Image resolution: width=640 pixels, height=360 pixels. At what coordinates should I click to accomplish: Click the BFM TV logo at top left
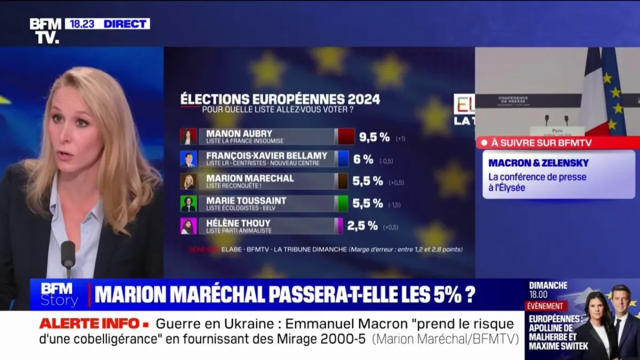pyautogui.click(x=46, y=30)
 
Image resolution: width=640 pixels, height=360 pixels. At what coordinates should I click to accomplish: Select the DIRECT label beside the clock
pyautogui.click(x=126, y=23)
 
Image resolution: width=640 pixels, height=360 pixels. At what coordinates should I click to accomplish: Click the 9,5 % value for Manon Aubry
pyautogui.click(x=374, y=137)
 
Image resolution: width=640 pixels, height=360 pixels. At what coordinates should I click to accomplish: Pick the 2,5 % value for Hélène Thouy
pyautogui.click(x=362, y=226)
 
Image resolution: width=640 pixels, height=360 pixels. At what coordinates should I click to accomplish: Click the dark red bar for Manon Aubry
pyautogui.click(x=346, y=137)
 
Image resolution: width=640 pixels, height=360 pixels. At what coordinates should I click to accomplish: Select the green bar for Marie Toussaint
pyautogui.click(x=343, y=203)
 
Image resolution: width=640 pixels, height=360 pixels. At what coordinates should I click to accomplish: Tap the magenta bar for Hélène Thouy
pyautogui.click(x=339, y=226)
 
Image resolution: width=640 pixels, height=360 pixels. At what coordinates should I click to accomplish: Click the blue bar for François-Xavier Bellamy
pyautogui.click(x=343, y=159)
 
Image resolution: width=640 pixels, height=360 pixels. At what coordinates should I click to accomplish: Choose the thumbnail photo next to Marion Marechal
pyautogui.click(x=188, y=181)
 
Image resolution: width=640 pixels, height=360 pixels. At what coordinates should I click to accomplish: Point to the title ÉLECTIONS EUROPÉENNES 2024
pyautogui.click(x=280, y=99)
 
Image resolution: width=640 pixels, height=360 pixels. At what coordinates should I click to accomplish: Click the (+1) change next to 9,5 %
pyautogui.click(x=401, y=139)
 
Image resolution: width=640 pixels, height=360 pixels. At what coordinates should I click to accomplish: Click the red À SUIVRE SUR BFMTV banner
pyautogui.click(x=557, y=142)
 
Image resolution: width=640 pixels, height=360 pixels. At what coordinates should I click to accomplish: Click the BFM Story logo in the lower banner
pyautogui.click(x=59, y=294)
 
